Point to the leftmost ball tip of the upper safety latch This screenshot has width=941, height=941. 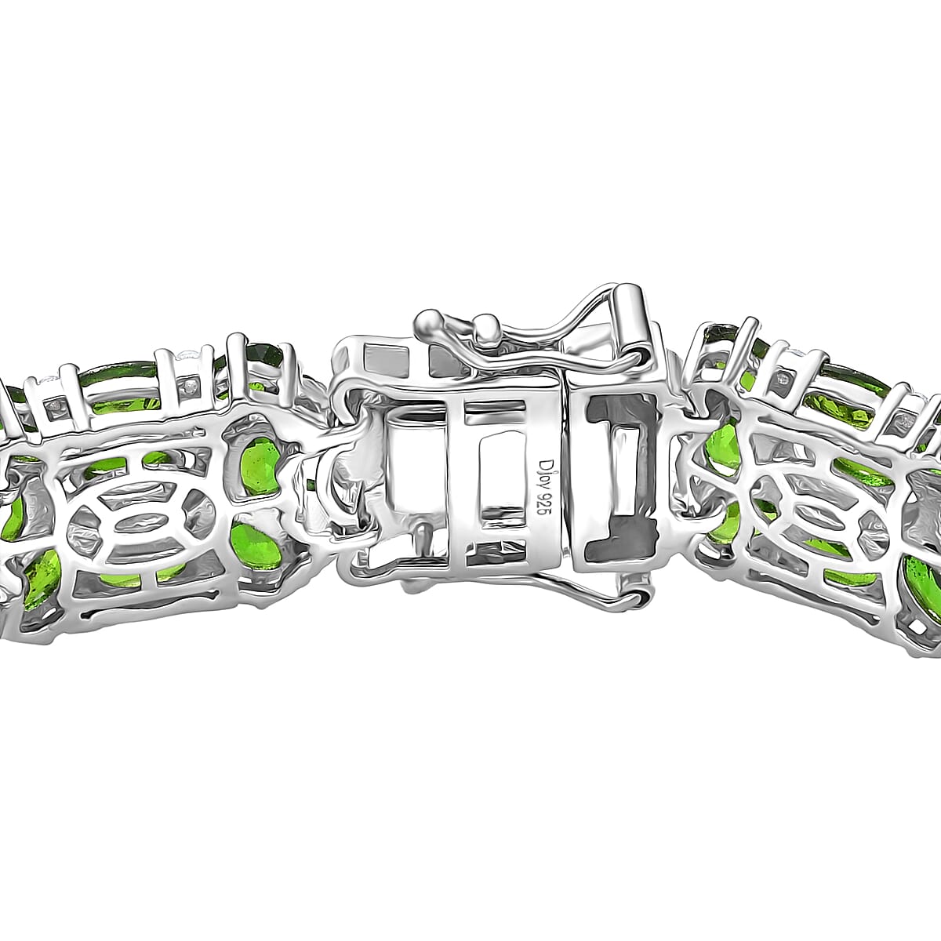(x=428, y=320)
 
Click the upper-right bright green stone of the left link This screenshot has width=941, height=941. (x=262, y=467)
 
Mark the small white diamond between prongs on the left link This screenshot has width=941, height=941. (x=189, y=387)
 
